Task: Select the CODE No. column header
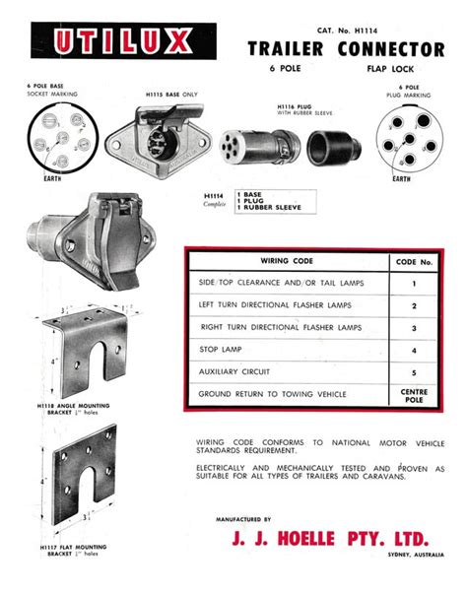pyautogui.click(x=413, y=263)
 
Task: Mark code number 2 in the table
pyautogui.click(x=413, y=305)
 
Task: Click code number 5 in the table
pyautogui.click(x=413, y=373)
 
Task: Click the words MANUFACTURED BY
pyautogui.click(x=243, y=518)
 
